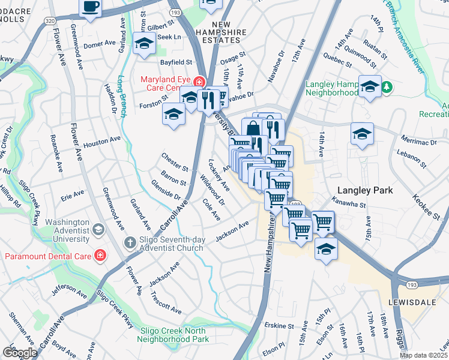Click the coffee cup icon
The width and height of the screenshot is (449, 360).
click(x=90, y=7)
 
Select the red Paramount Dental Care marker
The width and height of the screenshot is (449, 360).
click(x=100, y=256)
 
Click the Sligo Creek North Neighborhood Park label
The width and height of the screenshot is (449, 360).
click(x=174, y=334)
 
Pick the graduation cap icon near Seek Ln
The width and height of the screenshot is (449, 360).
click(x=144, y=44)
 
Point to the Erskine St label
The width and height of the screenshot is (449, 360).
click(x=279, y=325)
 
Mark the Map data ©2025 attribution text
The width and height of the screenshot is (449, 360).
click(x=423, y=355)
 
